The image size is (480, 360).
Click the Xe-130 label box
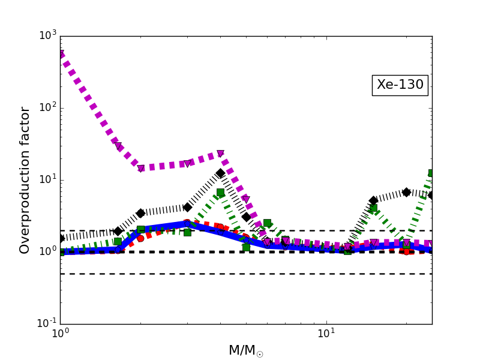[400, 85]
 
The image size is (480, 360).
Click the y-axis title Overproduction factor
[25, 180]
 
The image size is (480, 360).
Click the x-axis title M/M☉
[246, 351]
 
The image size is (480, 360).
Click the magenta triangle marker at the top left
[61, 54]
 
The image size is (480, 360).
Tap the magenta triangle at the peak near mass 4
[220, 154]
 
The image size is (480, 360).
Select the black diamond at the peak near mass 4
[220, 173]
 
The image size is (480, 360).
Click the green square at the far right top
[431, 173]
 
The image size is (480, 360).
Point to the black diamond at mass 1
[61, 238]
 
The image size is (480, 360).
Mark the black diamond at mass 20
[406, 192]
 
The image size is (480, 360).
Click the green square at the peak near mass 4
[220, 192]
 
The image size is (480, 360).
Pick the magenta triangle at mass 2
[140, 169]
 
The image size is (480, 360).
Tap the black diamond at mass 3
[187, 207]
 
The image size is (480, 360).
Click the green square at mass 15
[373, 208]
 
